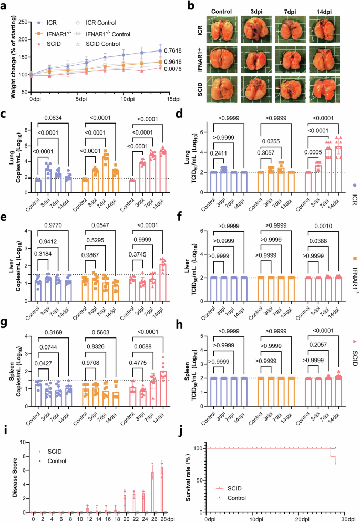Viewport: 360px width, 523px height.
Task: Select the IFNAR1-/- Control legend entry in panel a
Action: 119,34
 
